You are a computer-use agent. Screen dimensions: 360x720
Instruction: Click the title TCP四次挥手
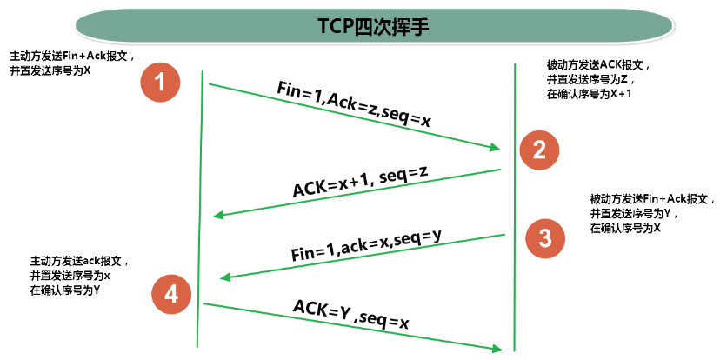363,26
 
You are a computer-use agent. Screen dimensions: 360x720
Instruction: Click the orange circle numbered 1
159,83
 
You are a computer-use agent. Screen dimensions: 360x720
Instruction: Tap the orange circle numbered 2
539,150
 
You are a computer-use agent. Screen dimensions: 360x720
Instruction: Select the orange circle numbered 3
544,238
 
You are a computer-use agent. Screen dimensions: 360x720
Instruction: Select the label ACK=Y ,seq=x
350,315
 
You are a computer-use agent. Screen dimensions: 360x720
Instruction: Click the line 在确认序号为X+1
589,93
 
